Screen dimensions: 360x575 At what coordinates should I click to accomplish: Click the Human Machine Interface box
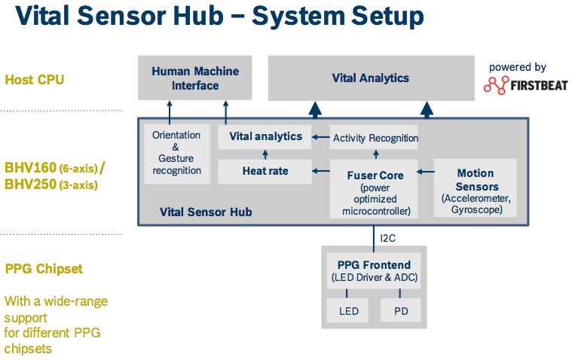195,78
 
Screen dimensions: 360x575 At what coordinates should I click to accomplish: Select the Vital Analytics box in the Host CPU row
370,78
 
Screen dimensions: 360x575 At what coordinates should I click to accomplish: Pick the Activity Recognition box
375,138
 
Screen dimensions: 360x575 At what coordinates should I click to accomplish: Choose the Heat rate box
265,171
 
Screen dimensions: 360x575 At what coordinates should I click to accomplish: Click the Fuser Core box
375,191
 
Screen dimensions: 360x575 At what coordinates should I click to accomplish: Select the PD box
400,310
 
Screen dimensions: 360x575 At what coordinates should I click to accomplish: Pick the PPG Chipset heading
43,269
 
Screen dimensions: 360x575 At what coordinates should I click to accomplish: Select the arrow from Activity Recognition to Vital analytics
320,137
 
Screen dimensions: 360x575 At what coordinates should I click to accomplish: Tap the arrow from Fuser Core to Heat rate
320,172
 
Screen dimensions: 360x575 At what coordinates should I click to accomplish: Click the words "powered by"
517,67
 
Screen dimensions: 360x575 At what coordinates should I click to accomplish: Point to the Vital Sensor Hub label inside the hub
206,212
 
